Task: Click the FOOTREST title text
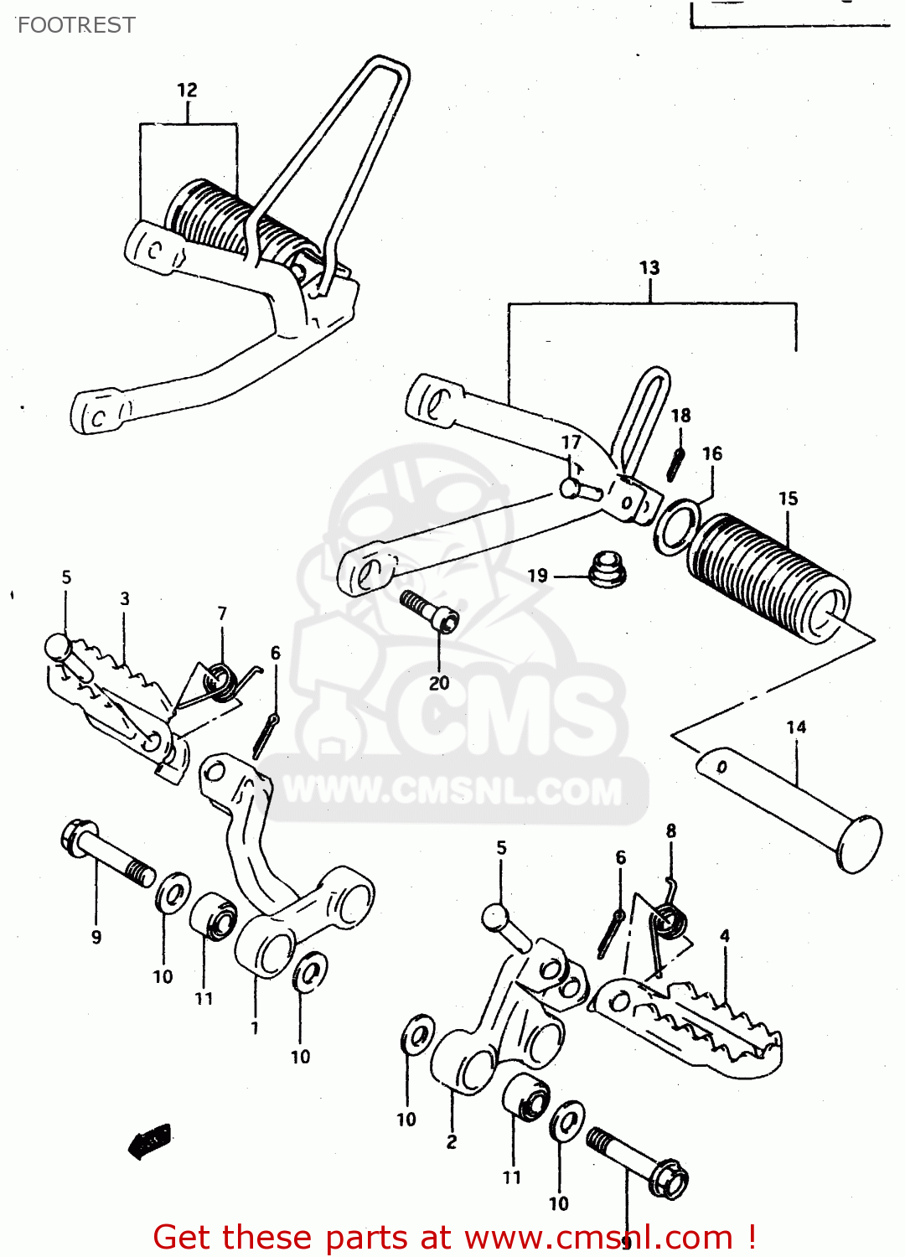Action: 76,25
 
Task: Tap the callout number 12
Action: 187,91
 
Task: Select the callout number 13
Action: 649,268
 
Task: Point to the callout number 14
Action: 796,727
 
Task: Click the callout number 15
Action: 788,499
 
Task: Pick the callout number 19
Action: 538,576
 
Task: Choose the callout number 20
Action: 439,683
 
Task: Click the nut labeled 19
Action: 607,569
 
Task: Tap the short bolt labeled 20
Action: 430,611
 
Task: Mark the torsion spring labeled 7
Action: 220,680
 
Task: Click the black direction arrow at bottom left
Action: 150,1141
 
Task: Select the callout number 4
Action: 724,936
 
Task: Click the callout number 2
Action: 452,1141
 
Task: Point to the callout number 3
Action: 125,598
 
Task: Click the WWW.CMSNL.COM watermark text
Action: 452,791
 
